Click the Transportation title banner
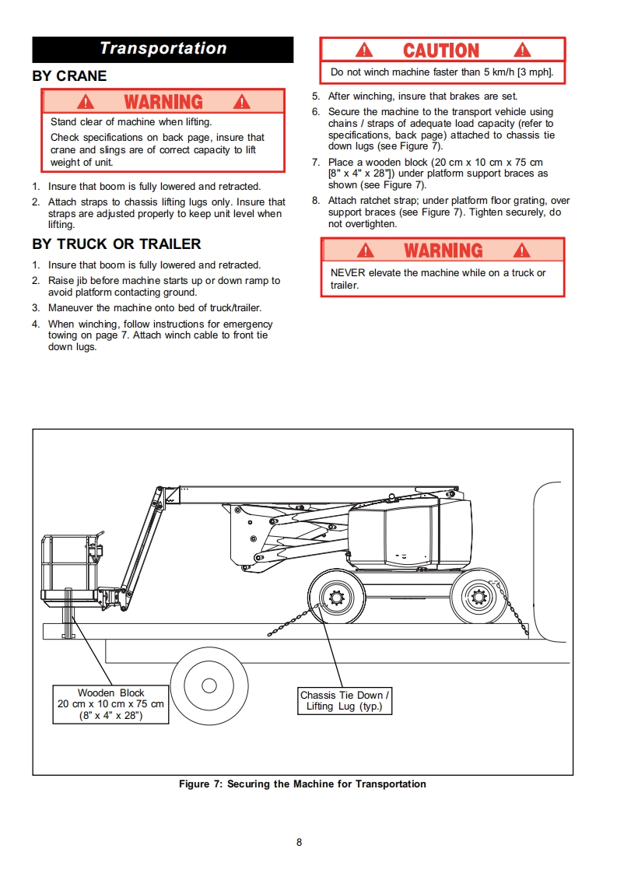pos(163,49)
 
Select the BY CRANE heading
pos(69,76)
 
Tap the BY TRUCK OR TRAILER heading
pos(117,244)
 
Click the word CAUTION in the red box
pos(441,51)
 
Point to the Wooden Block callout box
pos(111,704)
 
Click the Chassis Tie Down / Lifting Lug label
pos(345,700)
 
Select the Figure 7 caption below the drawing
pos(303,784)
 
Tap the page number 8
pos(300,842)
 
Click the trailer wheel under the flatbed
pos(209,685)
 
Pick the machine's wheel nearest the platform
pos(337,598)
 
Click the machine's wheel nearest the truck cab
pos(479,598)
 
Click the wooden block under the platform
pos(68,615)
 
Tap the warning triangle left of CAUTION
pos(364,51)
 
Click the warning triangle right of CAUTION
pos(522,51)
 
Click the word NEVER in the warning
pos(347,273)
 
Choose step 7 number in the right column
pos(316,163)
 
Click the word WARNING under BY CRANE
pos(163,102)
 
